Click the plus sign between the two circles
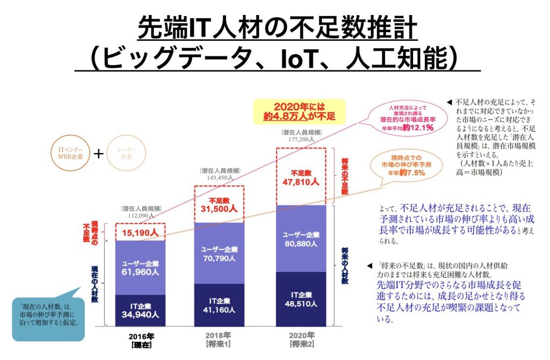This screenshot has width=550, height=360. pyautogui.click(x=98, y=153)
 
